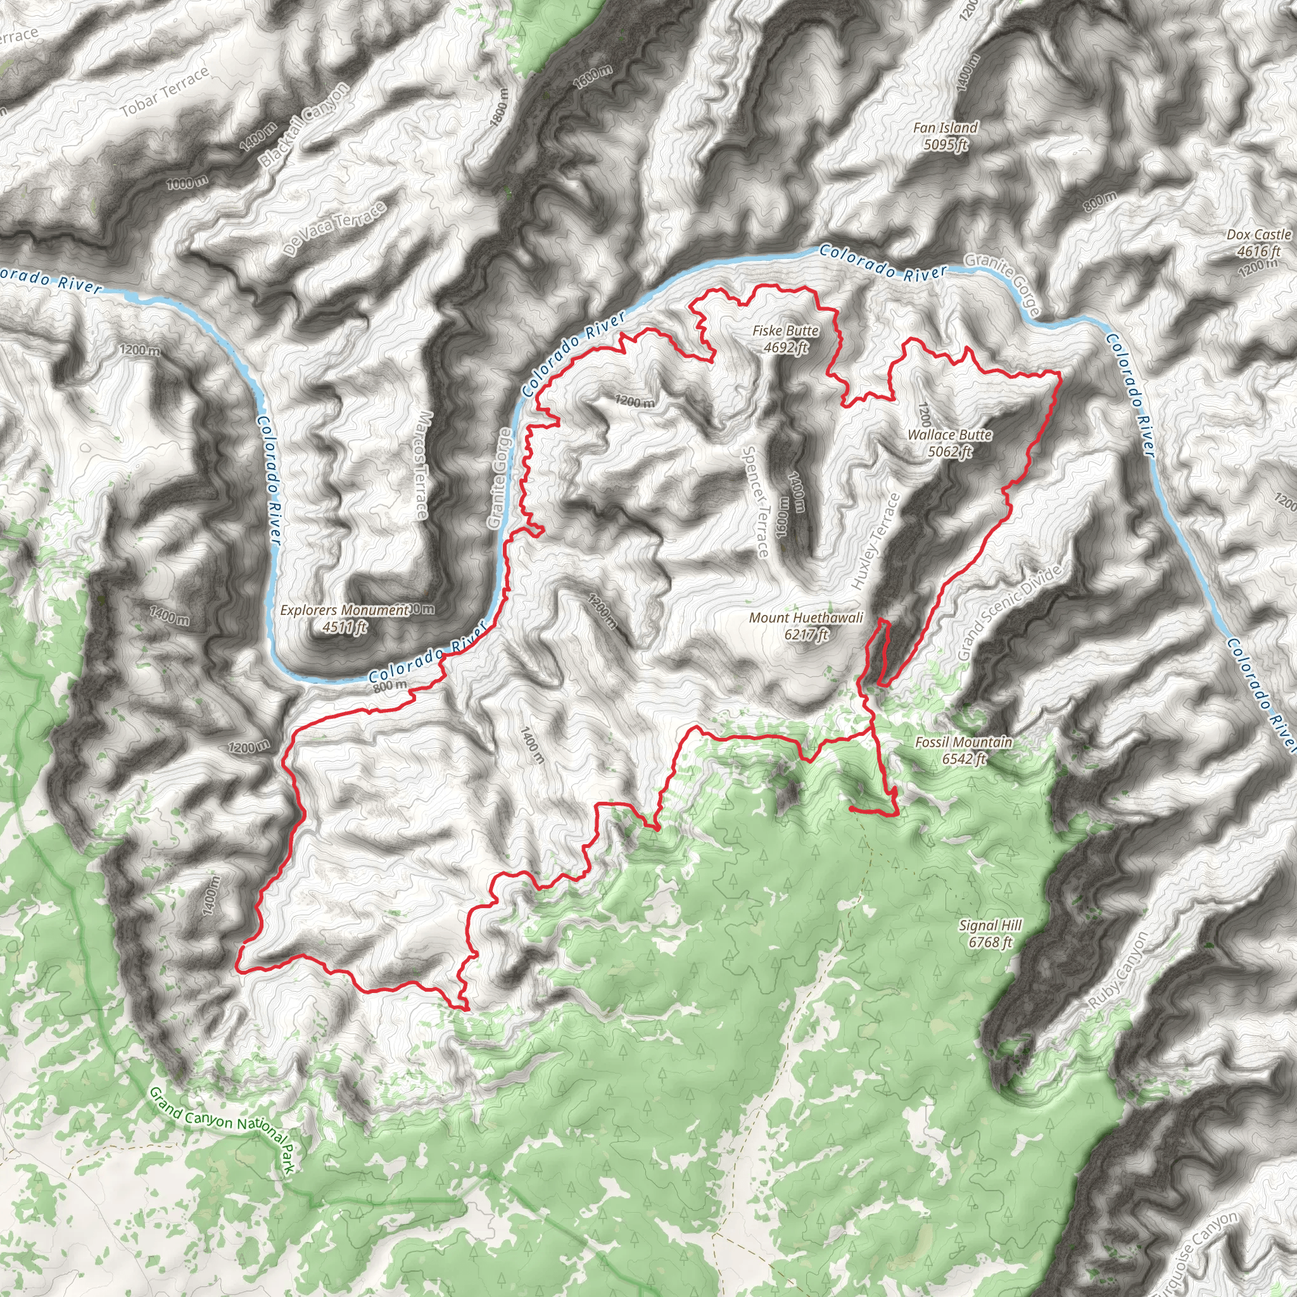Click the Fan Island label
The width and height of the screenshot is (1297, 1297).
(x=946, y=127)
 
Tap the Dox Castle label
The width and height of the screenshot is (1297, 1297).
(x=1259, y=235)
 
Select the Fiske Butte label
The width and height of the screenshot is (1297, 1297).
(x=785, y=331)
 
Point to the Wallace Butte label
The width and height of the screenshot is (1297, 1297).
(x=949, y=435)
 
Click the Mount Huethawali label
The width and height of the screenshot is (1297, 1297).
(x=806, y=617)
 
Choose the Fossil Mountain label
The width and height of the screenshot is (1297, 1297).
(x=963, y=742)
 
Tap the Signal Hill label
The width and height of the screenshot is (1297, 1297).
(x=990, y=926)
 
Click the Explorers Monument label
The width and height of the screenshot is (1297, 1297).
(x=345, y=611)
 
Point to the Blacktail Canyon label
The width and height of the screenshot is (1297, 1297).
(x=305, y=125)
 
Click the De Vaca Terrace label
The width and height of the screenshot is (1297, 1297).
(x=335, y=228)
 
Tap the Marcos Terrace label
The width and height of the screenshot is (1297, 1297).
(x=421, y=465)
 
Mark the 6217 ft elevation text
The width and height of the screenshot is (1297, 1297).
(x=806, y=634)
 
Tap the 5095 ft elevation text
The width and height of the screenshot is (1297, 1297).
(x=946, y=144)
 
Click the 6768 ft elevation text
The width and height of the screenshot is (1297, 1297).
(x=990, y=942)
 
